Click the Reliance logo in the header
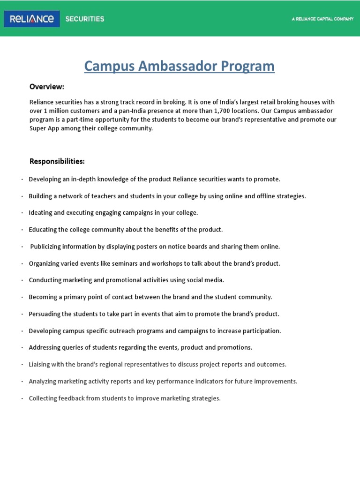click(32, 19)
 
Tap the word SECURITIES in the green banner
click(85, 19)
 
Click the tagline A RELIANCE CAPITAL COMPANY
click(322, 19)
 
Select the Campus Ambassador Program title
click(180, 66)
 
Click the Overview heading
click(47, 87)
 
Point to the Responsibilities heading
click(57, 162)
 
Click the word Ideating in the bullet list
click(40, 213)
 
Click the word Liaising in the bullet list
click(40, 365)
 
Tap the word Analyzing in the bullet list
click(43, 382)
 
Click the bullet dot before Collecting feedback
click(22, 399)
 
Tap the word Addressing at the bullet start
click(45, 348)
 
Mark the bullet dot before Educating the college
click(22, 230)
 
